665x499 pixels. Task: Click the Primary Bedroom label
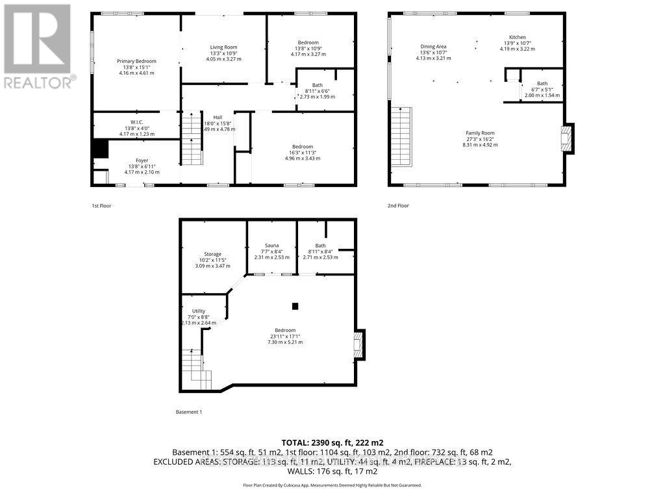(136, 61)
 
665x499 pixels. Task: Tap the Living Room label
(223, 47)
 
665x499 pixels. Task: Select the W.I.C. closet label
(136, 122)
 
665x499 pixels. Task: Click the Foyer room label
(142, 160)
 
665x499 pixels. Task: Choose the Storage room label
(212, 254)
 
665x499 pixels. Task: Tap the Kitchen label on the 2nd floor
(517, 37)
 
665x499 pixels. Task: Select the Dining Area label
(433, 46)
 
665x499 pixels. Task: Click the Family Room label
(479, 133)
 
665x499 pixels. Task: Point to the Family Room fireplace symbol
(567, 138)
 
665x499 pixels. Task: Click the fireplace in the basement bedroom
(358, 344)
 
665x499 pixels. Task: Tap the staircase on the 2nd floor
(403, 136)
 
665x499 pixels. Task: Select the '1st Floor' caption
(103, 206)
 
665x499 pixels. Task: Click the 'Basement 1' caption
(189, 412)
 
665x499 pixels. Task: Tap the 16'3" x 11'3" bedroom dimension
(302, 153)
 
